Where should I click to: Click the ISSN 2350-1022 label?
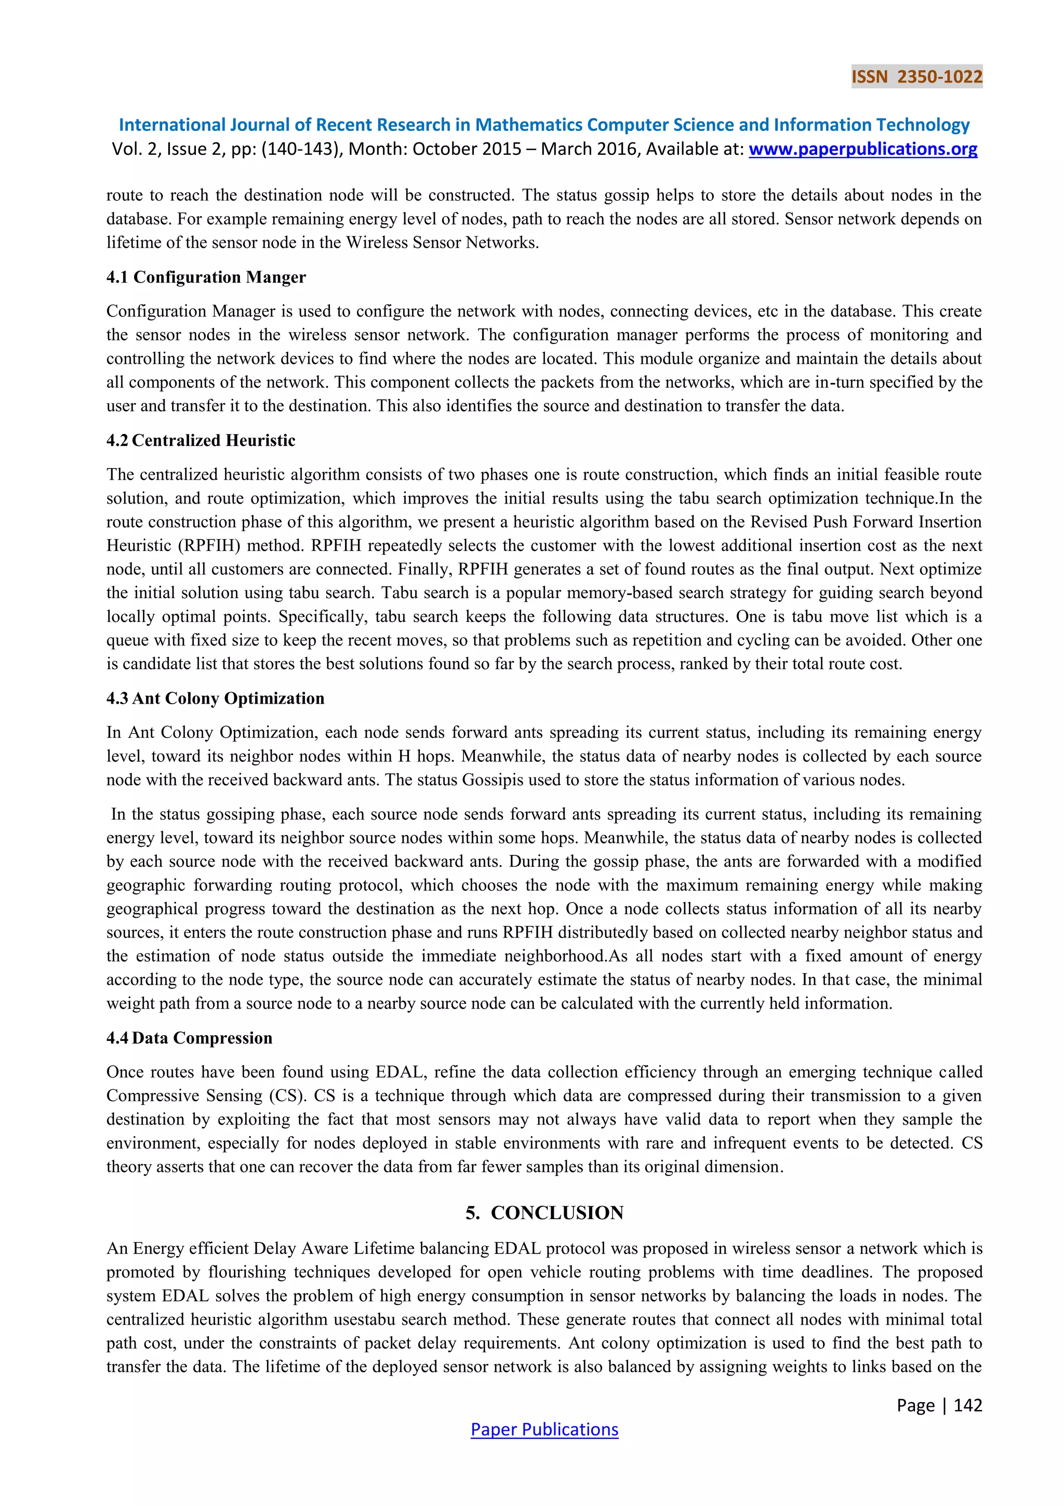tap(916, 77)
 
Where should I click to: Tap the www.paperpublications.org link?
tap(863, 150)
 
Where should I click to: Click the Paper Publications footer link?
tap(544, 1429)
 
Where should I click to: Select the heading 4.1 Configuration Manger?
tap(206, 278)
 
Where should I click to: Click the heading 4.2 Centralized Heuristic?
tap(201, 441)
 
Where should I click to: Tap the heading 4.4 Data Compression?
tap(189, 1038)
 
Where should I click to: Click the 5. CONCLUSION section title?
tap(544, 1212)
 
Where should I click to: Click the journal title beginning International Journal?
tap(544, 125)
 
